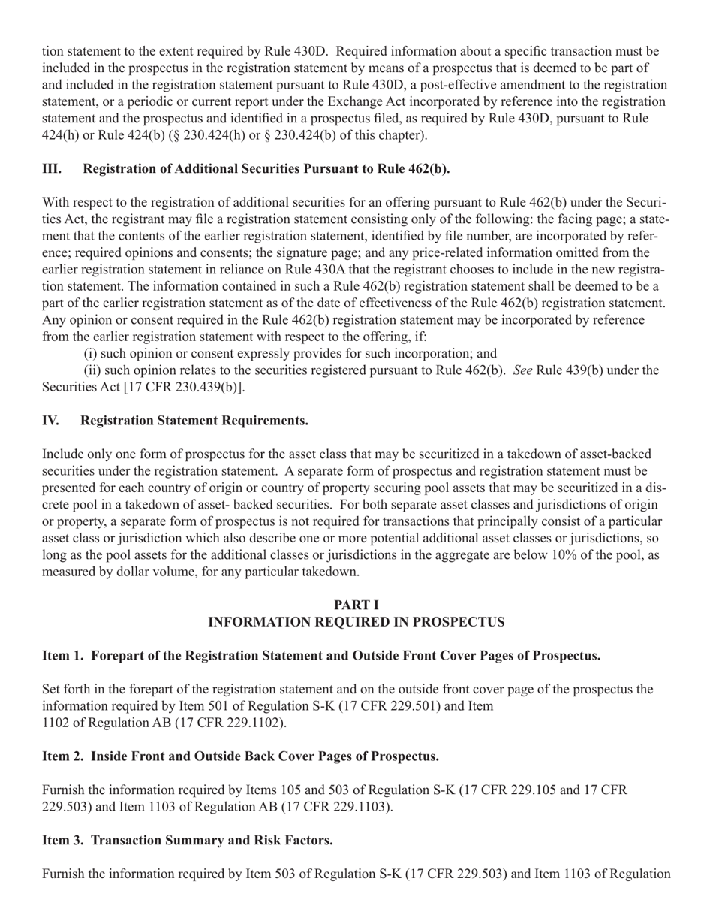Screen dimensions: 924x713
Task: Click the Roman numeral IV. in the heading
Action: pyautogui.click(x=50, y=421)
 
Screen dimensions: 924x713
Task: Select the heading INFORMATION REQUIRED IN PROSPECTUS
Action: pyautogui.click(x=356, y=622)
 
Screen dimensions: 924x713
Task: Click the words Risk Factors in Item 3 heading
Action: pyautogui.click(x=295, y=841)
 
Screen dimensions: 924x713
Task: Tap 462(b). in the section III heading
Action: pyautogui.click(x=428, y=169)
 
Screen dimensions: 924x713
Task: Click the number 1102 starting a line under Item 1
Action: pyautogui.click(x=56, y=723)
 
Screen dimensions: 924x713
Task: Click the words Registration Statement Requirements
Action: pyautogui.click(x=194, y=421)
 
